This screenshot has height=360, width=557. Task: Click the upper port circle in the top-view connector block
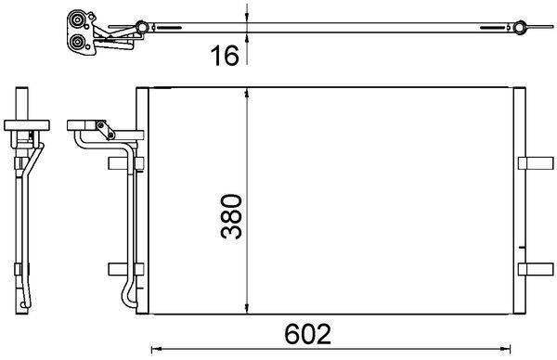77,19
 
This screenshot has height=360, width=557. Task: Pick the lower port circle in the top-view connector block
77,41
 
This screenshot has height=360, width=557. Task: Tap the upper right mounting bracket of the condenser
534,163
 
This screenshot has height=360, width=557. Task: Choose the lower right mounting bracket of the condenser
534,269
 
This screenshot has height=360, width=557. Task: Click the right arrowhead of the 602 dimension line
515,348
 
